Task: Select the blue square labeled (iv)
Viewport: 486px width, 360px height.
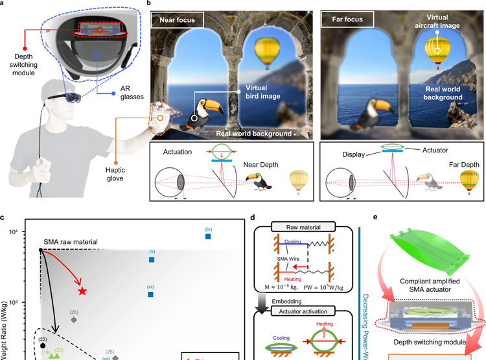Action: [x=208, y=237]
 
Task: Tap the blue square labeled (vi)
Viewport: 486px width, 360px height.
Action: [x=150, y=294]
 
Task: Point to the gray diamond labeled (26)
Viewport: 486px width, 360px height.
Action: [x=74, y=320]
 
